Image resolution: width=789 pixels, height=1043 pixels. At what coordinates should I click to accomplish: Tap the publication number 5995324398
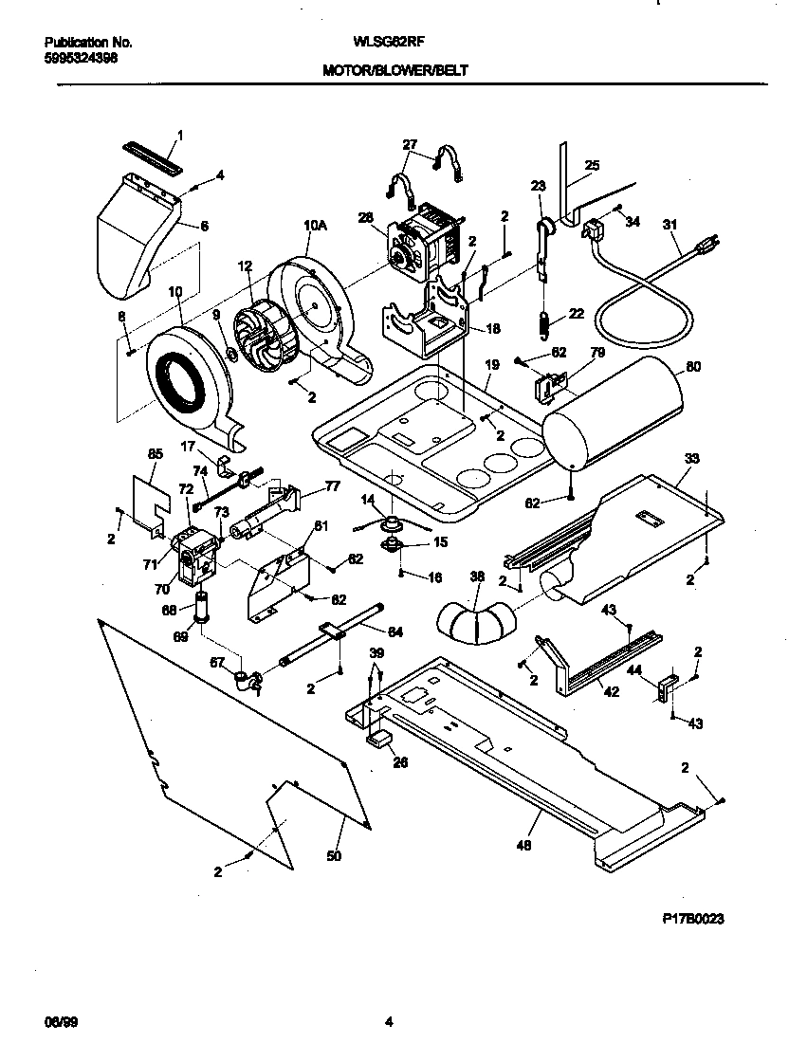[82, 57]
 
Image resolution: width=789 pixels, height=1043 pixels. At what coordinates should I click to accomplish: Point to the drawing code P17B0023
[698, 920]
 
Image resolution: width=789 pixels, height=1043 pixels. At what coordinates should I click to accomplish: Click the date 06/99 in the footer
[59, 1022]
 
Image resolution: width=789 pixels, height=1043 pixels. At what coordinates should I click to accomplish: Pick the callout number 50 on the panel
[333, 856]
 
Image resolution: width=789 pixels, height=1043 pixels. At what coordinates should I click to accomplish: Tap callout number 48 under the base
[523, 846]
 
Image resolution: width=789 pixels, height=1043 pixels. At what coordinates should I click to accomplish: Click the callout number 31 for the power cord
[670, 225]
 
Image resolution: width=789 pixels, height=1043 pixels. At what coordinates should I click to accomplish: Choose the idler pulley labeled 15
[390, 544]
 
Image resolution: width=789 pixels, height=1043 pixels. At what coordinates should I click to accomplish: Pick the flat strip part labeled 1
[152, 153]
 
